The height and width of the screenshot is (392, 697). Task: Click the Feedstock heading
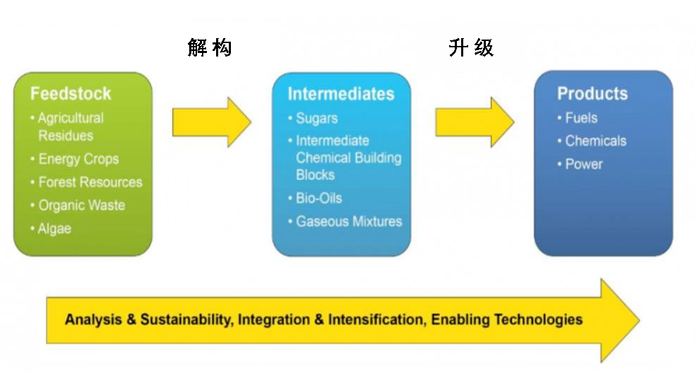click(71, 94)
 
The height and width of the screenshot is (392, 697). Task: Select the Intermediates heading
click(340, 94)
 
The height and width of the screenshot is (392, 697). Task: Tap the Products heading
click(592, 94)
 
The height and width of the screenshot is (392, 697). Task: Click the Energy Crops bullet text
click(78, 159)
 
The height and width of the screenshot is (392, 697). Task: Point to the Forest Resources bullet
click(90, 182)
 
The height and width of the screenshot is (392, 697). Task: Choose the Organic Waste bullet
click(81, 206)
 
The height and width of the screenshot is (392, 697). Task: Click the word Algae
click(54, 229)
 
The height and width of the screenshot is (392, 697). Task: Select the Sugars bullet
click(316, 118)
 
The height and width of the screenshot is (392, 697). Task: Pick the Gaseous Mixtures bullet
click(348, 221)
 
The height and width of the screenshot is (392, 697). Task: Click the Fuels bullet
click(581, 118)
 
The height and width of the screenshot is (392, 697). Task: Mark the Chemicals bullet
click(595, 141)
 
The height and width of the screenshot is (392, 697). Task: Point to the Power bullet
click(584, 164)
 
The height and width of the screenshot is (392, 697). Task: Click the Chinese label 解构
click(210, 48)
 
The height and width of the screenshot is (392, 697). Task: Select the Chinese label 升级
click(471, 48)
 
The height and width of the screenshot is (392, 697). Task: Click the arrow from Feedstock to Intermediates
click(211, 122)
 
